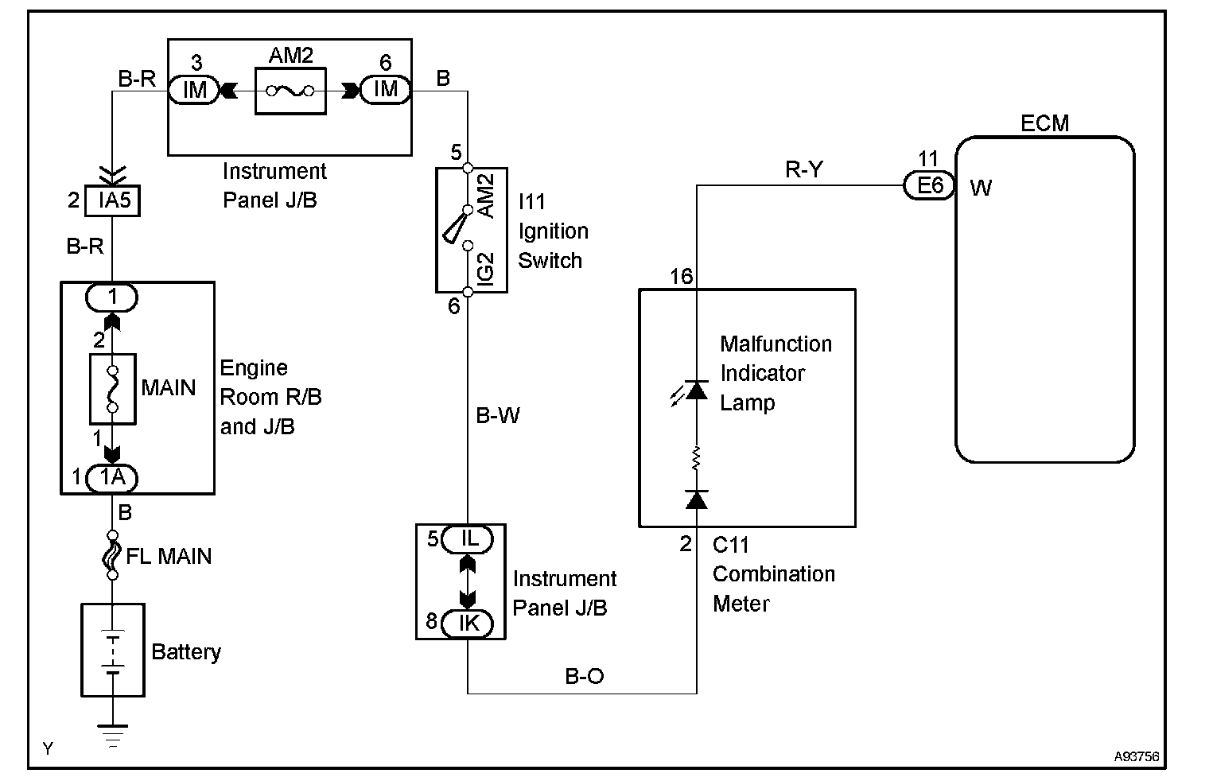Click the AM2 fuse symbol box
290,91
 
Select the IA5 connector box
114,200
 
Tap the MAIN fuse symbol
113,389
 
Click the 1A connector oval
112,478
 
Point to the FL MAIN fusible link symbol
112,555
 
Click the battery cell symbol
113,651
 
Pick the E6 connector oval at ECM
929,186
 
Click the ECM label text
1044,123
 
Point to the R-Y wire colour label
803,169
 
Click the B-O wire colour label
584,676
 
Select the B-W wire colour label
498,415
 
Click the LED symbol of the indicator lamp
696,390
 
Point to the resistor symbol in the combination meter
697,459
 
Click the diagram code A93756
1135,756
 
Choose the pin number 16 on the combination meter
681,277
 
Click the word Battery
186,652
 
